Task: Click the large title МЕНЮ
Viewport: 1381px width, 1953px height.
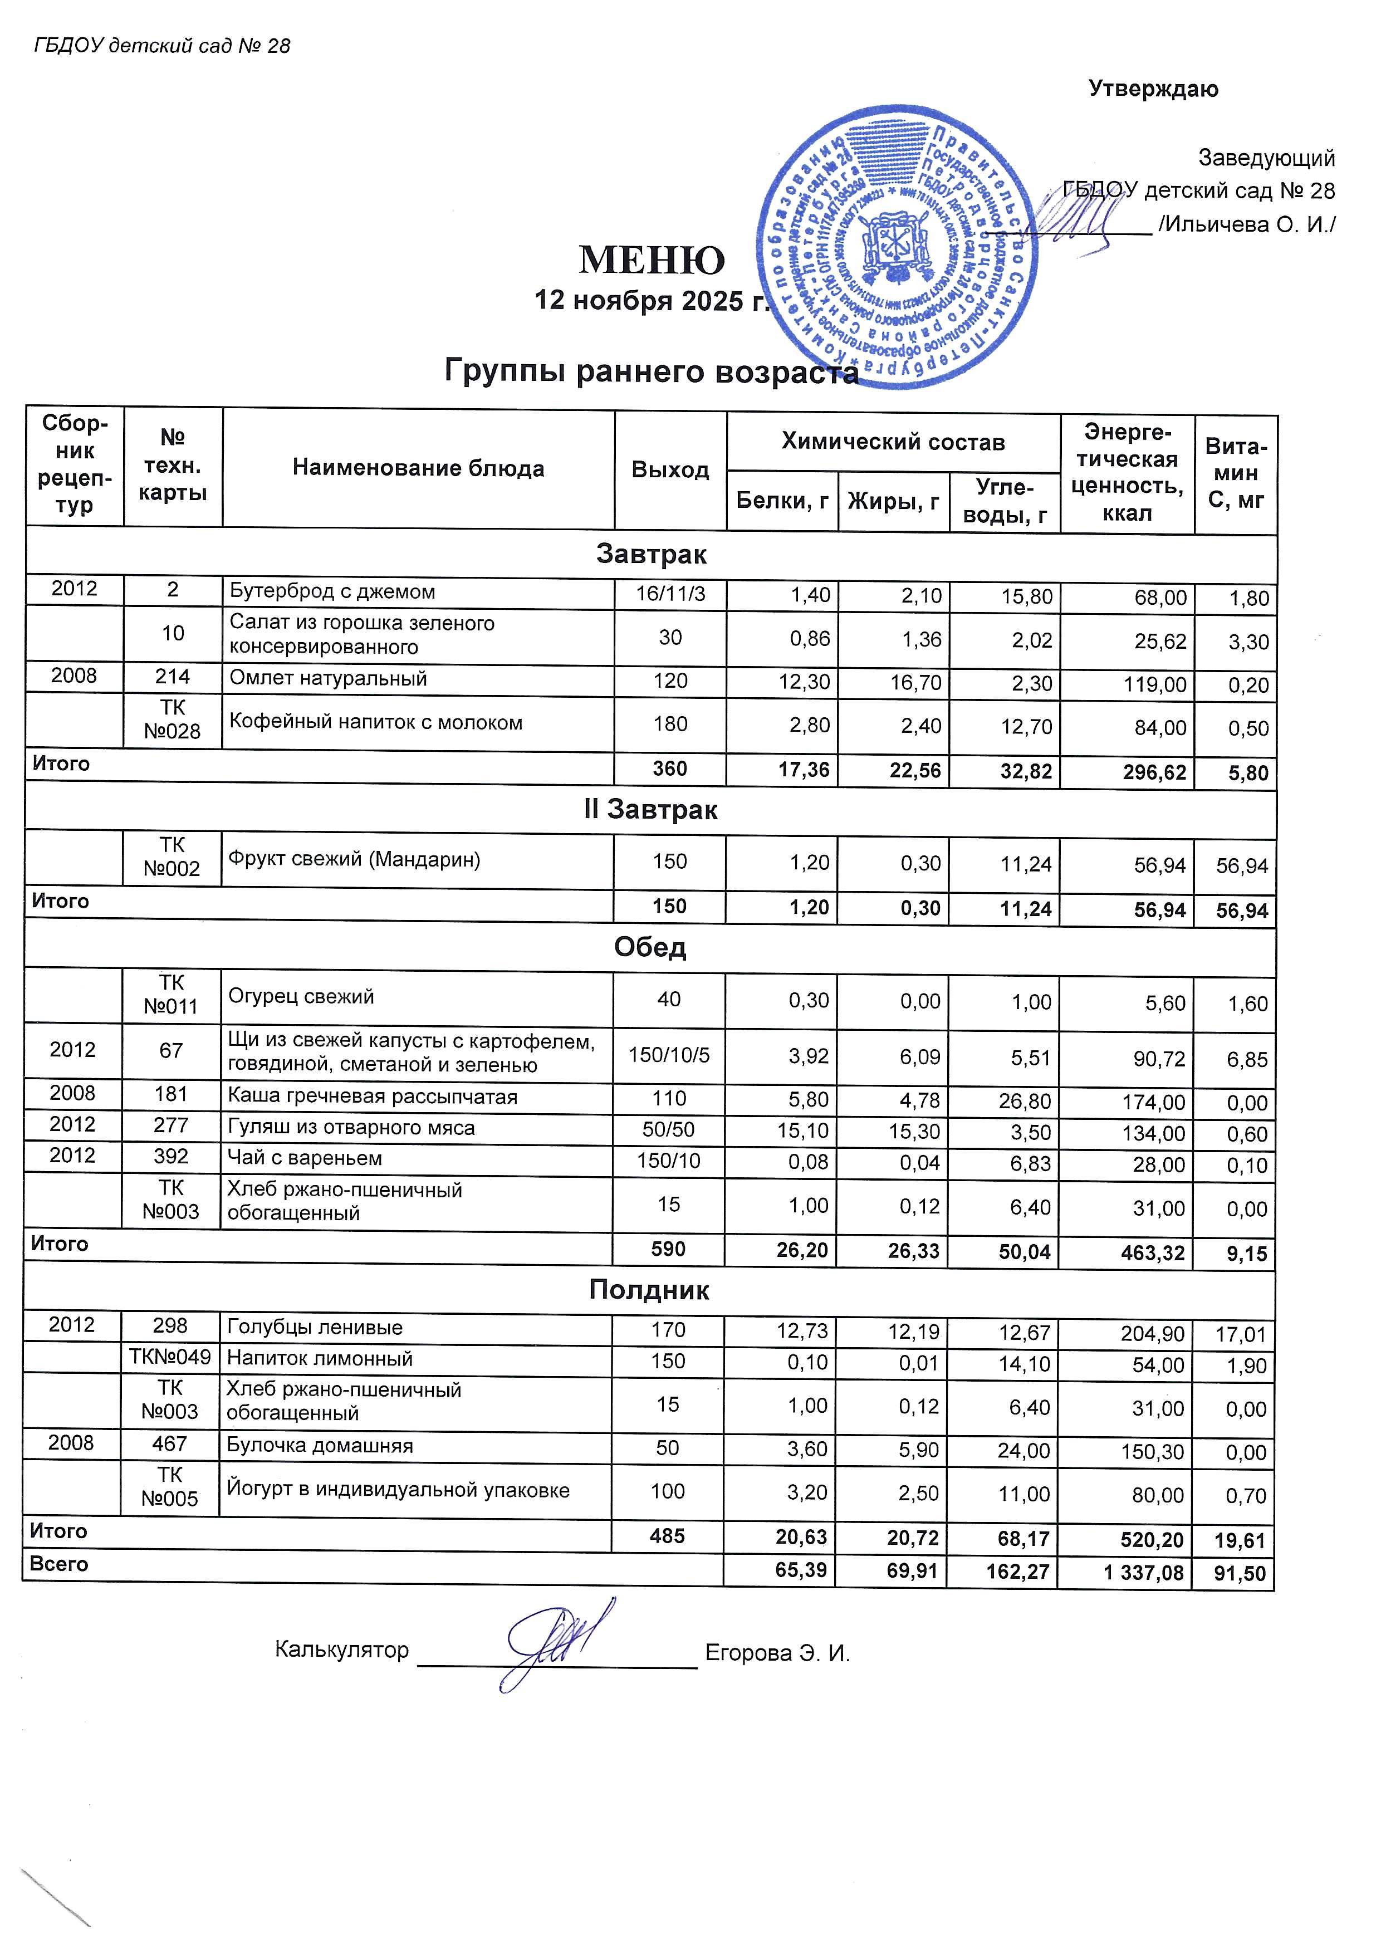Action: pos(652,260)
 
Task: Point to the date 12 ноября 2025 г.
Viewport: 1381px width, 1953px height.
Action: pos(650,300)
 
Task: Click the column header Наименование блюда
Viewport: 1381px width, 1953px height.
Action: pos(418,468)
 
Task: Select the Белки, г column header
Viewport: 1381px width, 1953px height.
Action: pos(781,501)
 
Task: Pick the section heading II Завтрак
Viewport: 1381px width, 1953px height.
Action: pos(650,810)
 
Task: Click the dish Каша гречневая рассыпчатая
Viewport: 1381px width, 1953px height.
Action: pos(373,1097)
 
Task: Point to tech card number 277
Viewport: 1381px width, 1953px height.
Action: pos(171,1125)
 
